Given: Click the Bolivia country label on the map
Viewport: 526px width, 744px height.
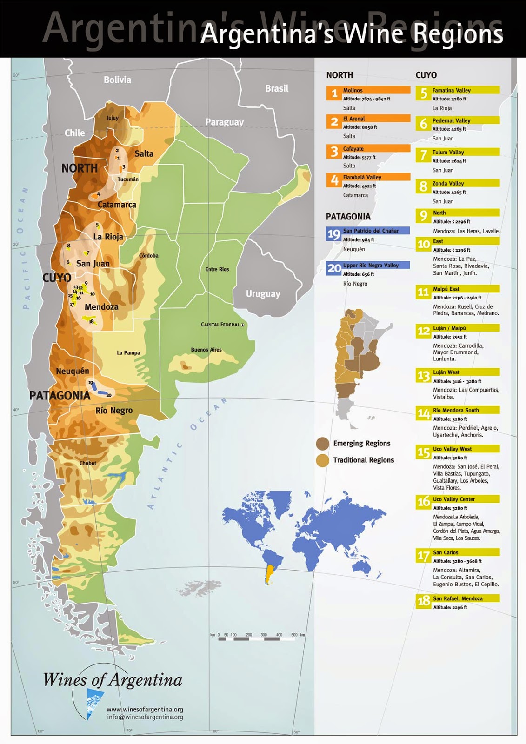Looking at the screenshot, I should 117,80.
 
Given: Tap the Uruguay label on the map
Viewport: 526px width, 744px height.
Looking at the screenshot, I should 263,294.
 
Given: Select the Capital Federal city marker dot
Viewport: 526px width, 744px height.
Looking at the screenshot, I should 242,325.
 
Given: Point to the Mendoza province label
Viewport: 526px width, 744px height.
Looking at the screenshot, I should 101,307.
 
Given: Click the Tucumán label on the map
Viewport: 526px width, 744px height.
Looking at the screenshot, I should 128,179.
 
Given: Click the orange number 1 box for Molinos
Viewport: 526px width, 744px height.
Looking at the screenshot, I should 334,93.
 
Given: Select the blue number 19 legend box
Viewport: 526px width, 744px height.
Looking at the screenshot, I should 334,234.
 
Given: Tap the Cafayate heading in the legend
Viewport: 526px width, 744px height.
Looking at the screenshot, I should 353,149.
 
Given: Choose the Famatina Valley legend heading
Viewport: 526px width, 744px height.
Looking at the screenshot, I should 451,90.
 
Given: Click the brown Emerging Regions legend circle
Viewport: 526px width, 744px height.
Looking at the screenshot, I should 322,444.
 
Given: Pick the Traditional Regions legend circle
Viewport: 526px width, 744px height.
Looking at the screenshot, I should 322,460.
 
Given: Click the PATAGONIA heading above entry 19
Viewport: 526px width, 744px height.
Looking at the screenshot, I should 348,217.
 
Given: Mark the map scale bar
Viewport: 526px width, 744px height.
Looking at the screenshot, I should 257,639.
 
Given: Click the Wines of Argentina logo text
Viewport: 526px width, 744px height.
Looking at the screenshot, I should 113,680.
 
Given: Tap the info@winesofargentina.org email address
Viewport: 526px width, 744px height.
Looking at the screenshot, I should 145,717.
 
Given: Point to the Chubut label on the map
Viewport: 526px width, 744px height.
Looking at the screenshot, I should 88,463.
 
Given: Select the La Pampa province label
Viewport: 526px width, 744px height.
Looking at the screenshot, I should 128,353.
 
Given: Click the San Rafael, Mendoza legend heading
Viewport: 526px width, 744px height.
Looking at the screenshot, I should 458,598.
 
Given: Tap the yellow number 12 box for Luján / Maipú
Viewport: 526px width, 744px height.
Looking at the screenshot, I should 423,331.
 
